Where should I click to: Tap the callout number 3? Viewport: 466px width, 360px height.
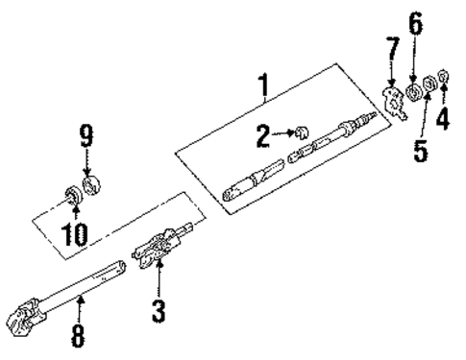point(159,309)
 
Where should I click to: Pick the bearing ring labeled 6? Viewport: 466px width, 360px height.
point(413,93)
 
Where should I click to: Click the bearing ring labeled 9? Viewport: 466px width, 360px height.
point(92,182)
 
